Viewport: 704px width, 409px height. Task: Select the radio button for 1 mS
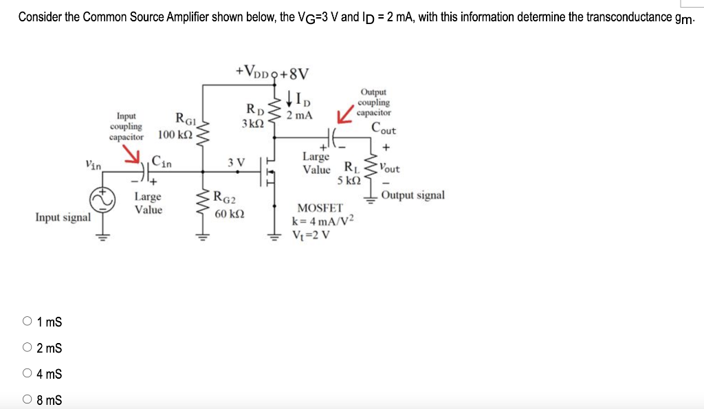click(27, 321)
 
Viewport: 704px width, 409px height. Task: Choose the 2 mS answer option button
click(27, 348)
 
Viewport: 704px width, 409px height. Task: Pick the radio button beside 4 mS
click(27, 374)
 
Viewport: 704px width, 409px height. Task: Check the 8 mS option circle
click(27, 400)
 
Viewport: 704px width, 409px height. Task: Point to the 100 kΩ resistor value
click(175, 133)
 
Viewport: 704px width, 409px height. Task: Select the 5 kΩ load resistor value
click(349, 180)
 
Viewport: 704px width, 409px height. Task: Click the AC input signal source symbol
click(103, 200)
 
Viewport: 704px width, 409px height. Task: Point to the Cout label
click(383, 129)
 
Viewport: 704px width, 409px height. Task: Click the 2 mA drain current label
click(300, 115)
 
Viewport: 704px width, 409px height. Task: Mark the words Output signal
click(412, 195)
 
